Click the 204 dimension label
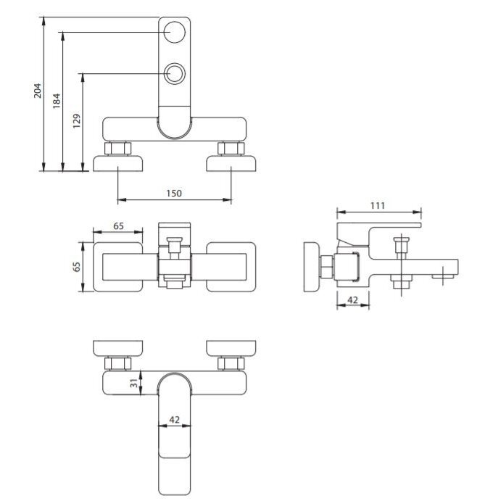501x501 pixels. [38, 91]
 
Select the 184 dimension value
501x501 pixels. [57, 101]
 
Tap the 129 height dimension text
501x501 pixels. [77, 121]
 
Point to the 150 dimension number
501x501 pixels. [174, 194]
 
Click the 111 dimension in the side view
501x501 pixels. [377, 205]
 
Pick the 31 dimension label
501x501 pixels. [134, 383]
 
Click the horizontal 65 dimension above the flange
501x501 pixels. [118, 226]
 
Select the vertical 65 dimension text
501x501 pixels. [77, 267]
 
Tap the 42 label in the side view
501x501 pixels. [352, 300]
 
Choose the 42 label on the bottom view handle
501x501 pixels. [174, 420]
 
